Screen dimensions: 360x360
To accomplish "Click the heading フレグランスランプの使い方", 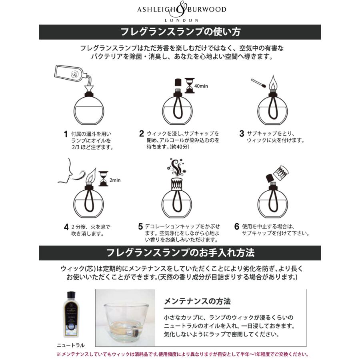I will pos(180,32).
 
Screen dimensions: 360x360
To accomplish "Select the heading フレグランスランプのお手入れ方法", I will pos(180,253).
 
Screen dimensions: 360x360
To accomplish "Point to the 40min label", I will pos(201,86).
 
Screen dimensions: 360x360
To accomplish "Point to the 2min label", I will pos(115,180).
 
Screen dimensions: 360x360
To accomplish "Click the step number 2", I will pos(142,134).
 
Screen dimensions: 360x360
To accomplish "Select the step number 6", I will pos(237,227).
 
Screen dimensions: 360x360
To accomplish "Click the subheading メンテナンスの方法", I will pos(197,301).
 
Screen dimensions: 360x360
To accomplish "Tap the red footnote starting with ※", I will pos(182,354).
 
